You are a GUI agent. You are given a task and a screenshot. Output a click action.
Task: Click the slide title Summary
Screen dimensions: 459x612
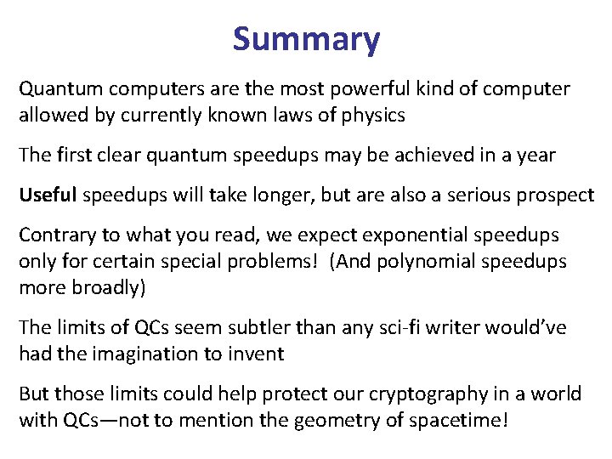pos(306,39)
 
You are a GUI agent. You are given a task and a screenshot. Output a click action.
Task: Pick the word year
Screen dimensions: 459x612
pos(537,155)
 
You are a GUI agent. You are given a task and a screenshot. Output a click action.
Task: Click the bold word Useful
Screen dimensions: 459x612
pos(48,195)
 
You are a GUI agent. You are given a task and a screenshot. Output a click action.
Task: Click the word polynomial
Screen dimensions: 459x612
pos(435,261)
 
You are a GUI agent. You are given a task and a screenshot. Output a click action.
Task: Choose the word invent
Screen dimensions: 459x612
pos(258,354)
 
